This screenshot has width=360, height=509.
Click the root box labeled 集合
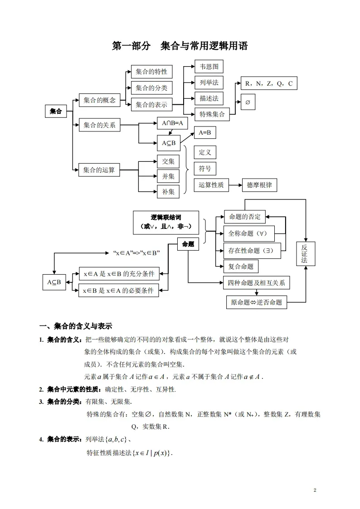[56, 111]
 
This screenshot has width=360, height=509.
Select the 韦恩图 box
[209, 67]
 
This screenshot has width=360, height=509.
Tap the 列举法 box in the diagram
[209, 82]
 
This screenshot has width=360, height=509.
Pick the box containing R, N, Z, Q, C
[269, 83]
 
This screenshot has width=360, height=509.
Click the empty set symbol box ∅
[248, 102]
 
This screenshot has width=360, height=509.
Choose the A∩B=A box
[172, 123]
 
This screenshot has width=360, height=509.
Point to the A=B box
[205, 132]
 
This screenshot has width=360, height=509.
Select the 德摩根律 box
[260, 185]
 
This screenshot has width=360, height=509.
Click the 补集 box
[168, 192]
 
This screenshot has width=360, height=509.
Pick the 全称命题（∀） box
[249, 233]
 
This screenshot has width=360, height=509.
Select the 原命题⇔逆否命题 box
[256, 302]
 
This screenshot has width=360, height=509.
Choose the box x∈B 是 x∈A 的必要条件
[119, 291]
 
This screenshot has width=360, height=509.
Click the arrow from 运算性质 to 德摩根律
[235, 185]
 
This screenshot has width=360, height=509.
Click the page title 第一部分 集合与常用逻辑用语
[180, 46]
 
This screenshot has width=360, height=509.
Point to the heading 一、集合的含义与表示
[76, 326]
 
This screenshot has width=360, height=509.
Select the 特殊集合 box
[212, 114]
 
